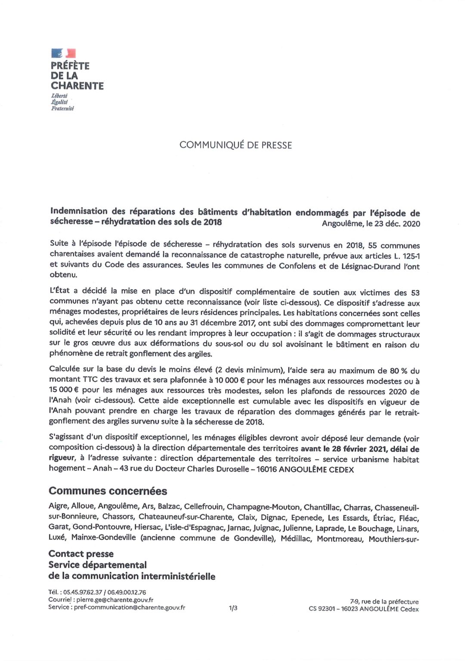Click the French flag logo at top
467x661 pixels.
63,53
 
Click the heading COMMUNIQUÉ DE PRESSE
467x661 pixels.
235,145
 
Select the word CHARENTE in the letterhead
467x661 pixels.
77,86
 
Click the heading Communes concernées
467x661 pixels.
108,491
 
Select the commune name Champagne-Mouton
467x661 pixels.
263,507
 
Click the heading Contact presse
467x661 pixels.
81,554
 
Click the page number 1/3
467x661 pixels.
233,608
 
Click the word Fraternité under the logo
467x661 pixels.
62,108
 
